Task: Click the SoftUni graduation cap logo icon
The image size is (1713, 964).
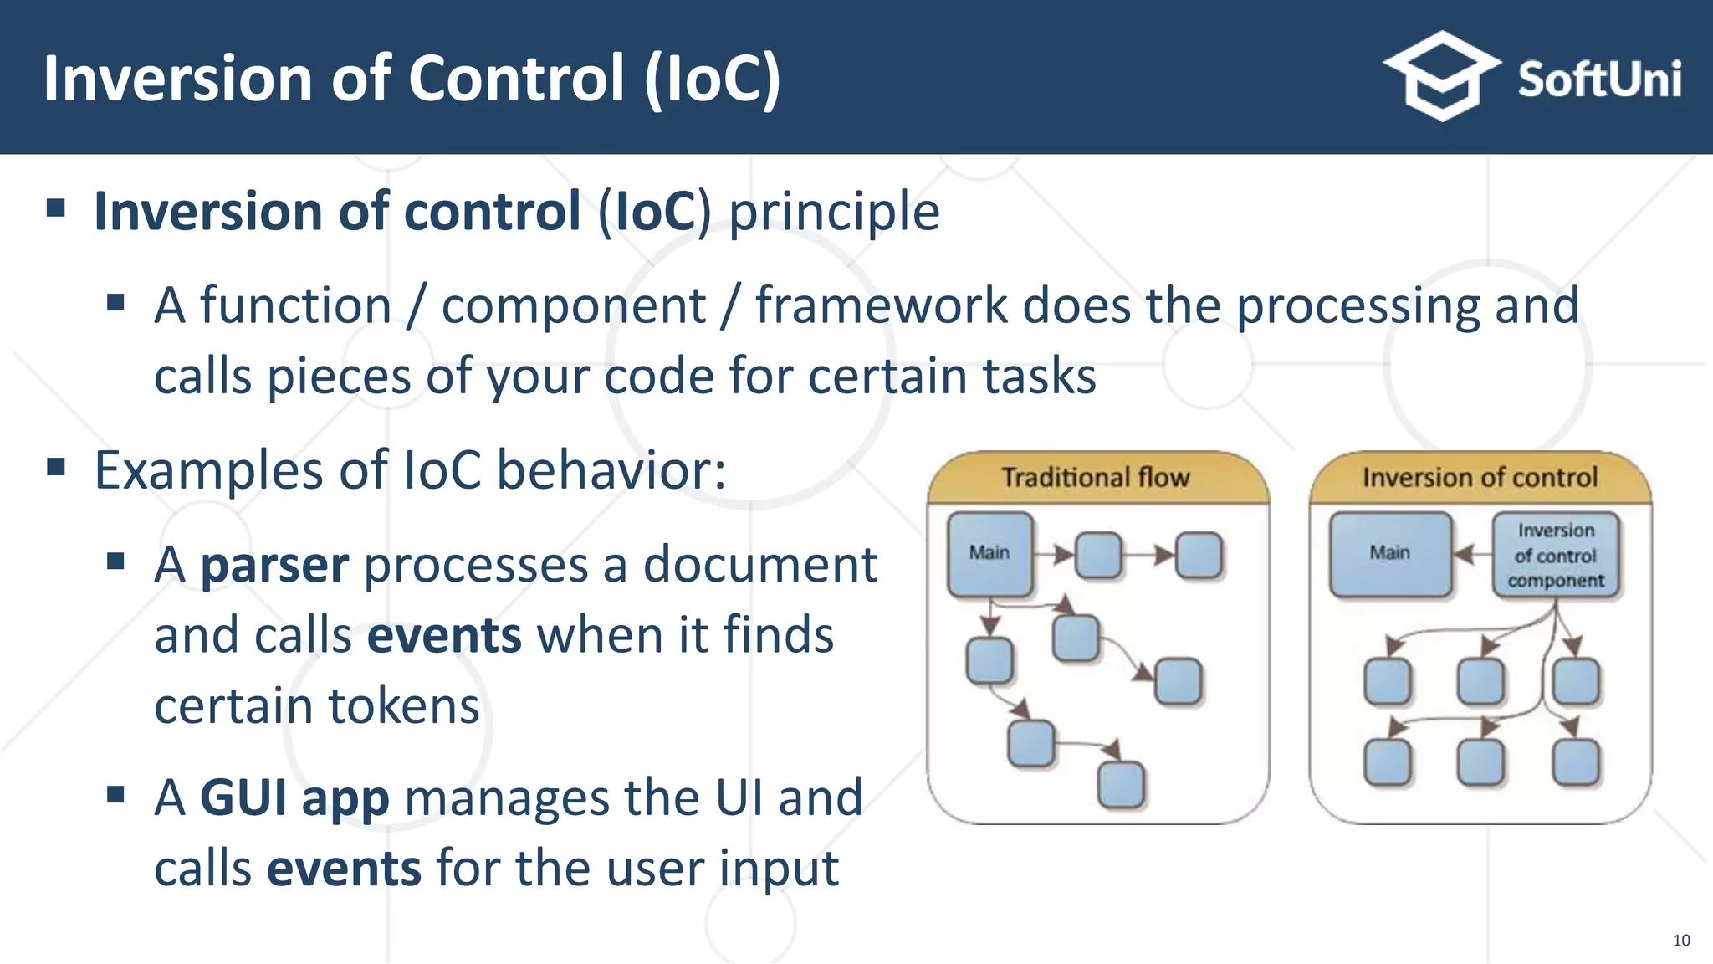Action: tap(1441, 76)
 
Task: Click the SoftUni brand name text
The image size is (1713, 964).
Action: tap(1598, 80)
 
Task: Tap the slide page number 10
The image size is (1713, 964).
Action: tap(1681, 941)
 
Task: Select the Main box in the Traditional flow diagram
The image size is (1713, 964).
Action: tap(989, 553)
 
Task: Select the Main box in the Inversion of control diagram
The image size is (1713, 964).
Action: tap(1389, 553)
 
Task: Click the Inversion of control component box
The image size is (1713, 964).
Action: tap(1556, 555)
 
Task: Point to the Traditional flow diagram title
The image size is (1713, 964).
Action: tap(1095, 478)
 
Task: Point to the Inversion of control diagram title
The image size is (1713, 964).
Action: tap(1480, 478)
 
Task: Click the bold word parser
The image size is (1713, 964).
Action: tap(274, 565)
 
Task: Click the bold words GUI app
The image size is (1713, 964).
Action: tap(294, 797)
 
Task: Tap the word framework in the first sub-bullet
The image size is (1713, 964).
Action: tap(882, 305)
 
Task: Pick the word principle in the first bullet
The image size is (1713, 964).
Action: tap(834, 211)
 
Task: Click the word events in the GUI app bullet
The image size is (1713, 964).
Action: tap(344, 868)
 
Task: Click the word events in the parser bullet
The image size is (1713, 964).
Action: tap(444, 635)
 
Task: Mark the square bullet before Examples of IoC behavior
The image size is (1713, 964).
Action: tap(56, 466)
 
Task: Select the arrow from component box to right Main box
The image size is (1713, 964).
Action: tap(1473, 553)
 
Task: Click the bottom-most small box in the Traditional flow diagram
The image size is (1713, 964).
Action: tap(1120, 784)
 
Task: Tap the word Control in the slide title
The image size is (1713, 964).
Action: tap(516, 78)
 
